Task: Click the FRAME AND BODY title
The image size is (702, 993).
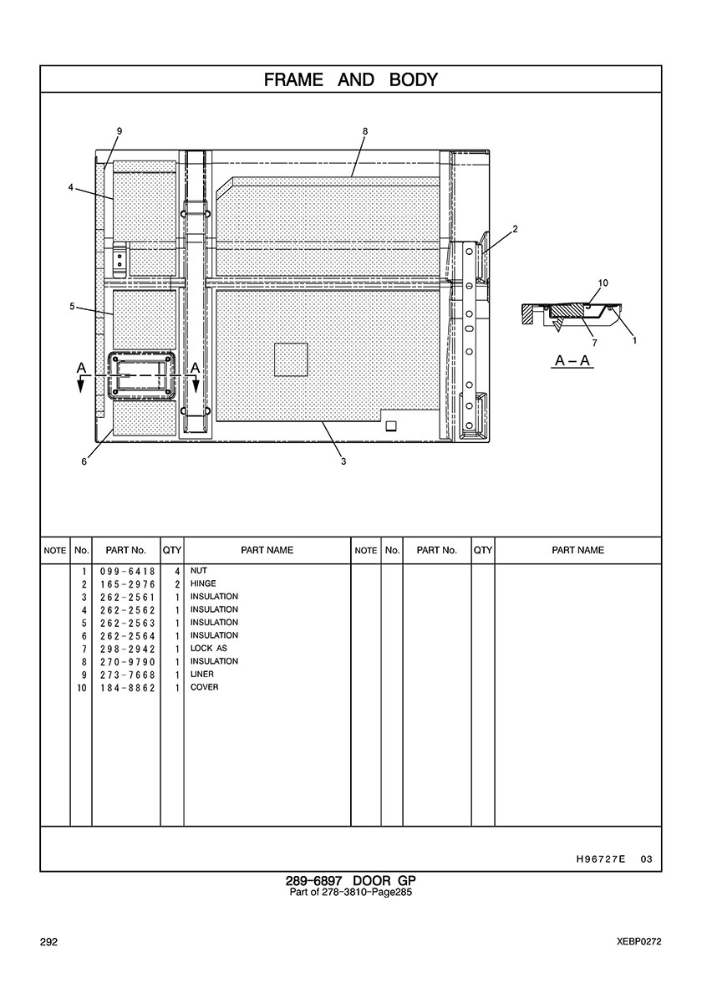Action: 351,79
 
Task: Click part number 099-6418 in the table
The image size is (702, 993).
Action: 127,571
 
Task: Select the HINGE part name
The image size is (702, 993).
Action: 203,583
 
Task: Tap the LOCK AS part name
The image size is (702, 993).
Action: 208,648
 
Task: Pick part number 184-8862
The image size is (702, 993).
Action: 127,688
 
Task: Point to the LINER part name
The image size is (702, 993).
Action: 202,674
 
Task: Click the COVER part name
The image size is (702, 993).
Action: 205,687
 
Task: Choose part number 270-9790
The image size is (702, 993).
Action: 127,662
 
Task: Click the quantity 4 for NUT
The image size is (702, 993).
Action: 178,571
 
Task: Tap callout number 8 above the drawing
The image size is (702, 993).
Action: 365,131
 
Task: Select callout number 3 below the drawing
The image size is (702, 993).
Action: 343,461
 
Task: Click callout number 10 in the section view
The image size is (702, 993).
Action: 603,283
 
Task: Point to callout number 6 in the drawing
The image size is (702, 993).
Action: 84,461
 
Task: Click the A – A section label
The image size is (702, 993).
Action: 572,361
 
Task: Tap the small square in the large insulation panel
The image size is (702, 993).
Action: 291,359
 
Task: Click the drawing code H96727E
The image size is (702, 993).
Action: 601,859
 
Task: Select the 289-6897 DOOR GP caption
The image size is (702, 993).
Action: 351,880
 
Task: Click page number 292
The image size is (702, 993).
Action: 48,942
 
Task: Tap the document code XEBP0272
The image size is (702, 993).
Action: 639,942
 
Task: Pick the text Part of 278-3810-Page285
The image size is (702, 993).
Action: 351,893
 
